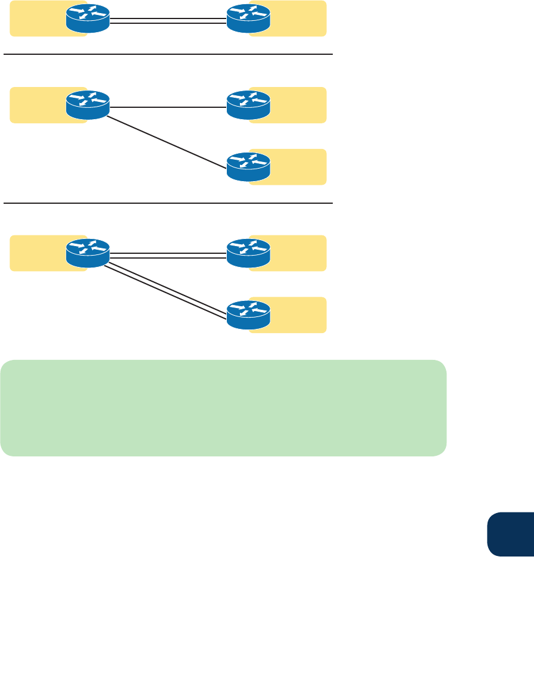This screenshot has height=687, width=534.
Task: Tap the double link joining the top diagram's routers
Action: tap(168, 21)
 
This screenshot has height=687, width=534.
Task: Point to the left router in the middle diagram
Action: tap(88, 105)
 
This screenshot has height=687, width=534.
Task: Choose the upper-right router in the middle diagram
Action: tap(248, 105)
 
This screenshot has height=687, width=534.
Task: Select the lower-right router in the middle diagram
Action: tap(248, 167)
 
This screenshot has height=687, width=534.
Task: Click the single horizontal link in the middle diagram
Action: tap(168, 108)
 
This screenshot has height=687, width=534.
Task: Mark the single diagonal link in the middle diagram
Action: tap(168, 140)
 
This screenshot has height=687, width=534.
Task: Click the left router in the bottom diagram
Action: tap(88, 253)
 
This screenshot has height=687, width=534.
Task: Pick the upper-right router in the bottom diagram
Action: tap(248, 253)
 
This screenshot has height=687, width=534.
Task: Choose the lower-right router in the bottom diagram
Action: tap(248, 315)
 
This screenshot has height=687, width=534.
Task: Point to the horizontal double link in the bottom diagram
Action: tap(168, 255)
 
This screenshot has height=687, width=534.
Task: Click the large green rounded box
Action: tap(223, 408)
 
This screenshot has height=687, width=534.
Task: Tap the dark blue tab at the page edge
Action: tap(510, 533)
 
